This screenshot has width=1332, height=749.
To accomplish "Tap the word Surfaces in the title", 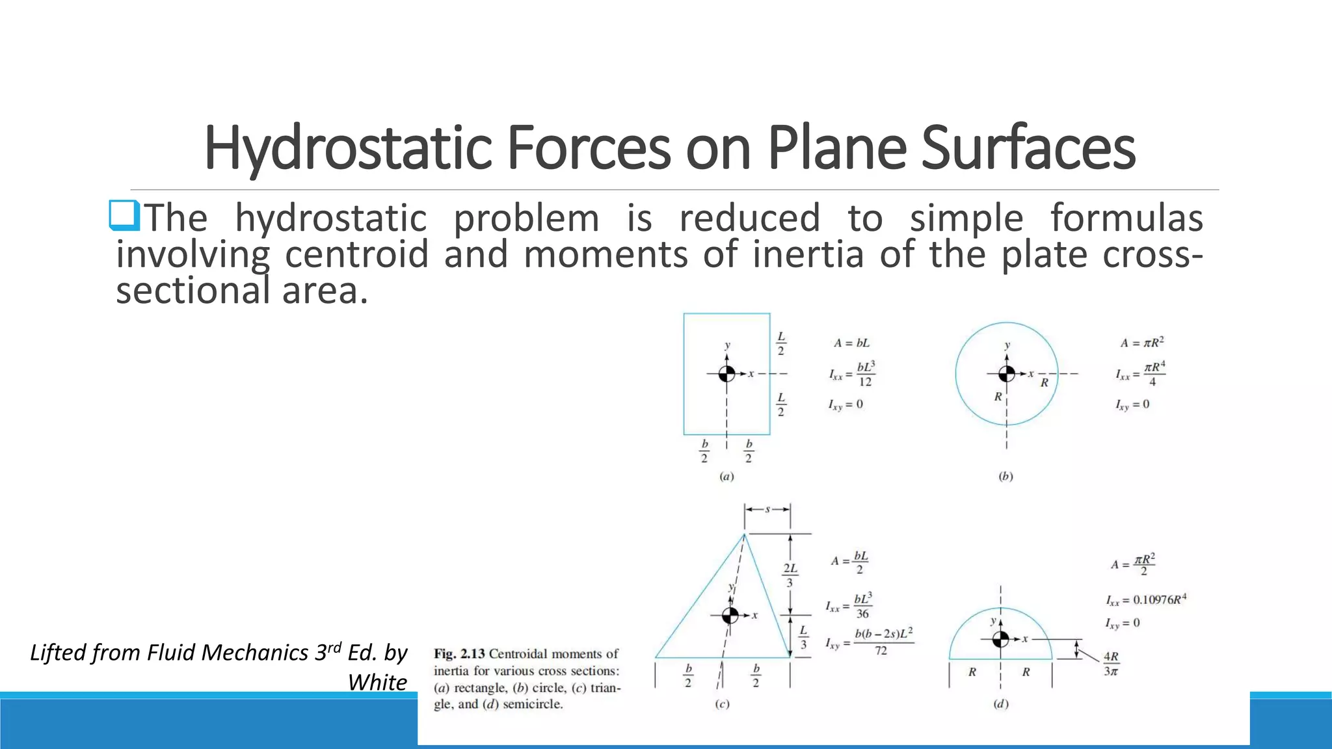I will (x=1028, y=148).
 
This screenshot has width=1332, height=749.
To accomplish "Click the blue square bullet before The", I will (x=124, y=216).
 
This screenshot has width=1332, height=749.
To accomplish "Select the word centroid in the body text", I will (x=356, y=254).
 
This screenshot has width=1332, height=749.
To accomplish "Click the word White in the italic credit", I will (x=377, y=682).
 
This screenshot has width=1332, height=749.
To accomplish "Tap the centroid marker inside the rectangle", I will (x=726, y=374).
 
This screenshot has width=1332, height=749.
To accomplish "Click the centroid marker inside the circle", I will (x=1006, y=374).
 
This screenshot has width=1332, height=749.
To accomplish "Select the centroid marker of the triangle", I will (x=730, y=615).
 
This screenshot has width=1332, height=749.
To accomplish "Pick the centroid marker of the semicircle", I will (x=1000, y=639).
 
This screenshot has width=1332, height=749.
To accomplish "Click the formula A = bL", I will (x=851, y=343).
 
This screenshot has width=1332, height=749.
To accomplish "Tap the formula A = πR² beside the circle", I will (x=1141, y=342).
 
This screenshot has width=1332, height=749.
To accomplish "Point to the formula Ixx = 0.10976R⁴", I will (x=1146, y=599).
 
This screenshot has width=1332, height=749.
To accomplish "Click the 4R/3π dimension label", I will (x=1111, y=664).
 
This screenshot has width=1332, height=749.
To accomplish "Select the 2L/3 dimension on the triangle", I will (x=790, y=575).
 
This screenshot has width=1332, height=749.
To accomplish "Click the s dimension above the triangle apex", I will (x=767, y=509).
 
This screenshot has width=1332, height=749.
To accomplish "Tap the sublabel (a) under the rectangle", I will (x=726, y=477).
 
